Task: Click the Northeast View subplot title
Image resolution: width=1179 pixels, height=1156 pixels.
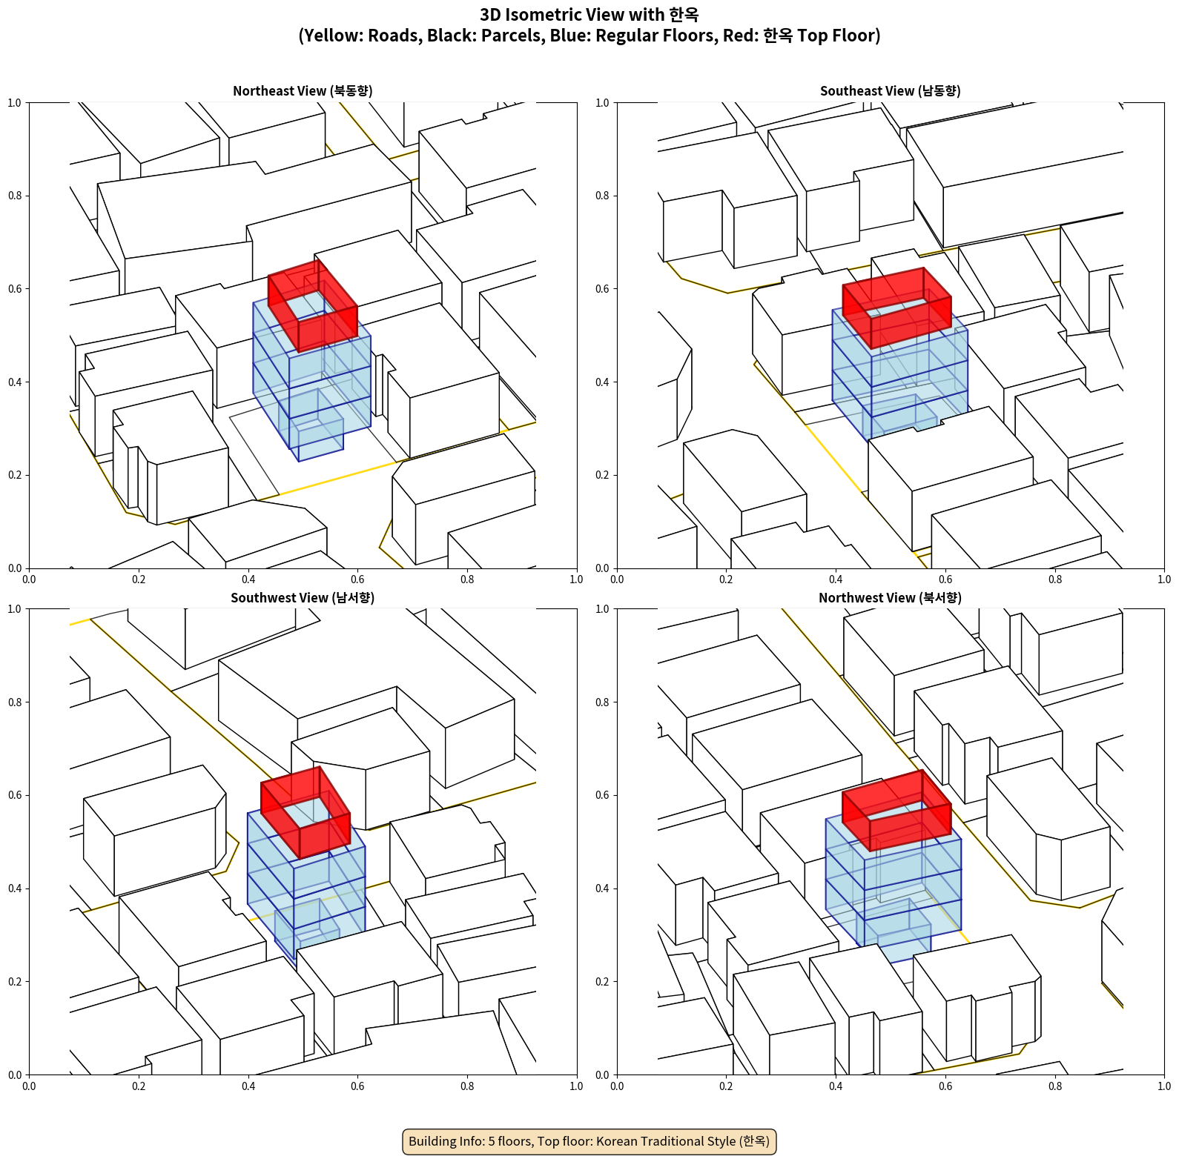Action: [303, 91]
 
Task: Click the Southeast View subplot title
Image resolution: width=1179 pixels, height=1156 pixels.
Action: [890, 91]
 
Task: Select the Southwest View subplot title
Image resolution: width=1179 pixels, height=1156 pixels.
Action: [303, 598]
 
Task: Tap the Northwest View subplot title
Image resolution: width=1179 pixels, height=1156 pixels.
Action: [890, 598]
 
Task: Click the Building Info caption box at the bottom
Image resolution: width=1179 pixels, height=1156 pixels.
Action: [589, 1141]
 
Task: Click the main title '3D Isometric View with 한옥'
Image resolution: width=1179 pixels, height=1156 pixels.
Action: [589, 15]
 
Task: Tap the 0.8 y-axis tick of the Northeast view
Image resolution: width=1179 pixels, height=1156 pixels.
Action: [15, 196]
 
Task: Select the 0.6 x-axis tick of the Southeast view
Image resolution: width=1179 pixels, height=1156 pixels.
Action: [945, 579]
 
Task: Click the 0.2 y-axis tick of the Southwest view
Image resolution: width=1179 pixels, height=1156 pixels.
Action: [15, 981]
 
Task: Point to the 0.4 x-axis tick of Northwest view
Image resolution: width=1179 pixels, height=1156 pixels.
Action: [836, 1086]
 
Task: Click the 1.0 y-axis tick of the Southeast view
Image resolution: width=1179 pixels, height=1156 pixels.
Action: [603, 102]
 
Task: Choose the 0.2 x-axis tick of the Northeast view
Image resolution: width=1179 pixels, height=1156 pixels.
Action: [139, 579]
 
